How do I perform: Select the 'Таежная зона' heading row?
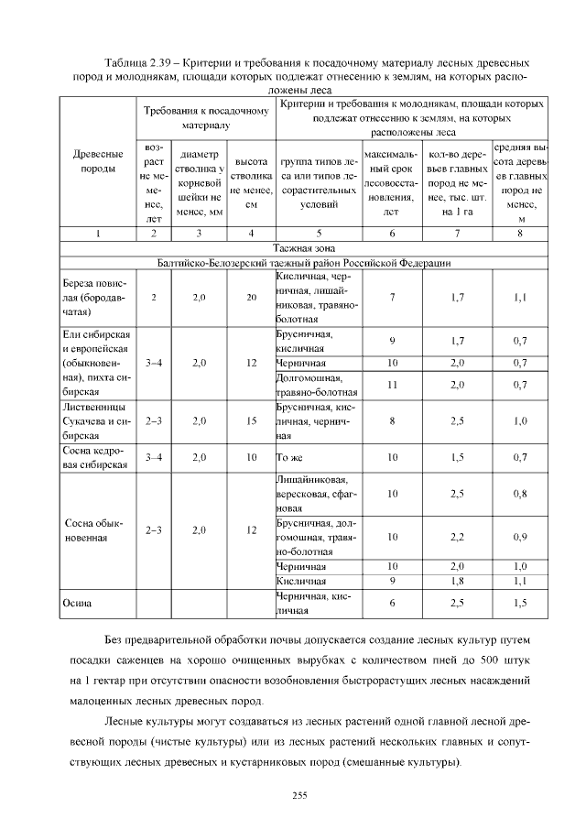coord(303,248)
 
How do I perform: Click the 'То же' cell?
coord(289,456)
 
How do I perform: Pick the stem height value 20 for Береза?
coord(251,298)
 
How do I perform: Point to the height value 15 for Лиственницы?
coord(251,421)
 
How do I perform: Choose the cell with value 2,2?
coord(457,537)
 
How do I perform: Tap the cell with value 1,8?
coord(457,581)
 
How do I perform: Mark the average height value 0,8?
coord(520,494)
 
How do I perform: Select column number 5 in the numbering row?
coord(318,234)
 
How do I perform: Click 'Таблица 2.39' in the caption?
coord(138,62)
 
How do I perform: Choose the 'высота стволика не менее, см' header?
coord(251,181)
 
